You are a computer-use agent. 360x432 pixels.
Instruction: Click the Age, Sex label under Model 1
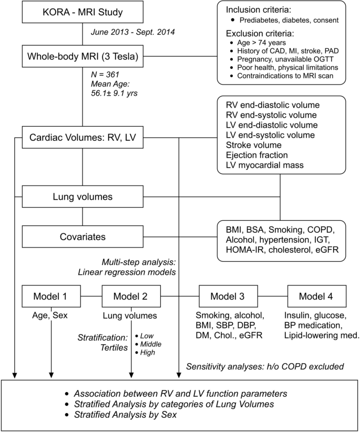coord(51,315)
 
